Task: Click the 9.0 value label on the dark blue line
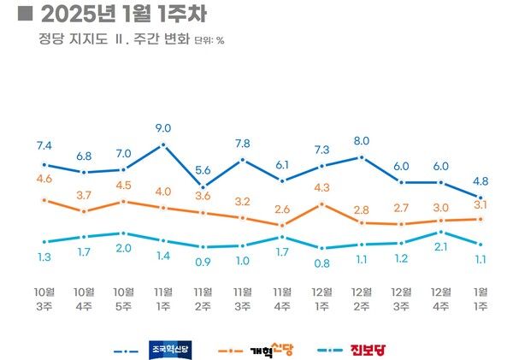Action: [163, 128]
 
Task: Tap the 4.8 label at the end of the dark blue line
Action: [481, 180]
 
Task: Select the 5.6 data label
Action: [203, 169]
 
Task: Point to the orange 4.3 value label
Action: [321, 187]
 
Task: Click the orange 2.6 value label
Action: [282, 210]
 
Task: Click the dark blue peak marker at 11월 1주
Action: [163, 145]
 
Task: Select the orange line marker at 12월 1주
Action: [321, 204]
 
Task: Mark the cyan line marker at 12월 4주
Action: [441, 232]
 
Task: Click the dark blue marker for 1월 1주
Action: [481, 197]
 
